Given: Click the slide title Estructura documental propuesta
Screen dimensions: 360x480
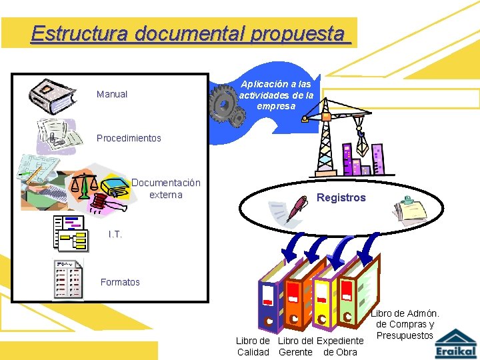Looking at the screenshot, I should click(x=190, y=33).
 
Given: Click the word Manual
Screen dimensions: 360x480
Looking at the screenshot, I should click(x=112, y=94).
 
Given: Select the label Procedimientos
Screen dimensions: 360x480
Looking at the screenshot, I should click(x=129, y=138).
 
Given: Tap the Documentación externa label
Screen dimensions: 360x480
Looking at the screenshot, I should click(x=166, y=189).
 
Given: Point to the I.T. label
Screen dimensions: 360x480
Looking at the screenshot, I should click(x=115, y=234).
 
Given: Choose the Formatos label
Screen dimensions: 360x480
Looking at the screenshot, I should click(x=120, y=282).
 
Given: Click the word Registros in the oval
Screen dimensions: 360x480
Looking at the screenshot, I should click(x=341, y=197).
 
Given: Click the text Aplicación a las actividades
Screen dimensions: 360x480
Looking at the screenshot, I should click(x=276, y=95).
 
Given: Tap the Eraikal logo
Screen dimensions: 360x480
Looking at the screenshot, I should click(x=456, y=343).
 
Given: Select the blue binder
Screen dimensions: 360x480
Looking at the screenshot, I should click(x=272, y=297).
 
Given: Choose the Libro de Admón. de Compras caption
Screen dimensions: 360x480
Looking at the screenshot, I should click(x=405, y=324).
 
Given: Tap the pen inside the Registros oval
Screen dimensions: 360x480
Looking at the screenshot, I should click(x=297, y=207).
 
